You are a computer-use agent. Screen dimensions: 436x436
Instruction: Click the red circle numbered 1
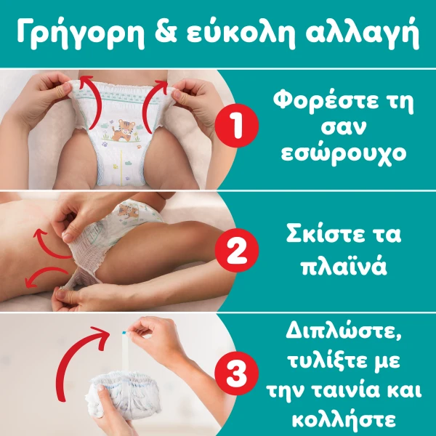237,126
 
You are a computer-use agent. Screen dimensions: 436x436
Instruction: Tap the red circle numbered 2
237,250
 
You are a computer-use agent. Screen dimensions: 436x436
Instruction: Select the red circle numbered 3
237,374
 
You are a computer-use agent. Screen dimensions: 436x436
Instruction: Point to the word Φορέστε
326,102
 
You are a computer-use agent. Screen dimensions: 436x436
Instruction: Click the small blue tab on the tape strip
124,332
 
